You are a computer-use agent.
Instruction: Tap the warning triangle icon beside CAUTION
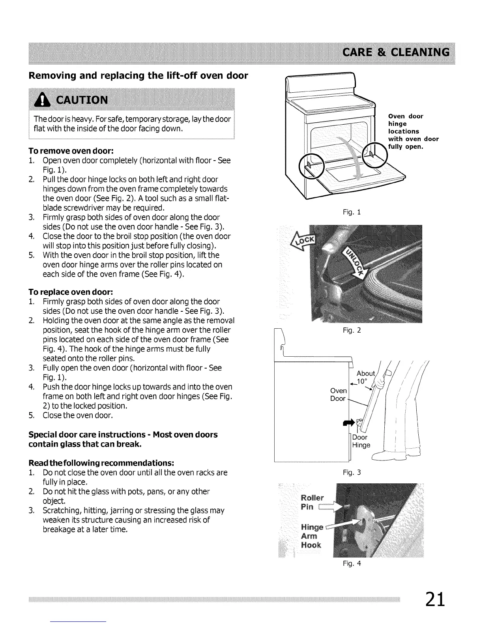41,99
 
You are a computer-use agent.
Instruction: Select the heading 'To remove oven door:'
71,151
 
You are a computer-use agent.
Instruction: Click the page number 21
435,600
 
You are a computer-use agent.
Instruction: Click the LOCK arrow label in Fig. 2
302,241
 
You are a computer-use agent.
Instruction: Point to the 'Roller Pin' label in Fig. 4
312,502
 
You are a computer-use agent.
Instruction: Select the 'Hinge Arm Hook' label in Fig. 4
311,536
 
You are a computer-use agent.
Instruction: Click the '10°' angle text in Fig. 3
362,382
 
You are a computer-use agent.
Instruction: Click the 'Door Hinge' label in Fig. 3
361,441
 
